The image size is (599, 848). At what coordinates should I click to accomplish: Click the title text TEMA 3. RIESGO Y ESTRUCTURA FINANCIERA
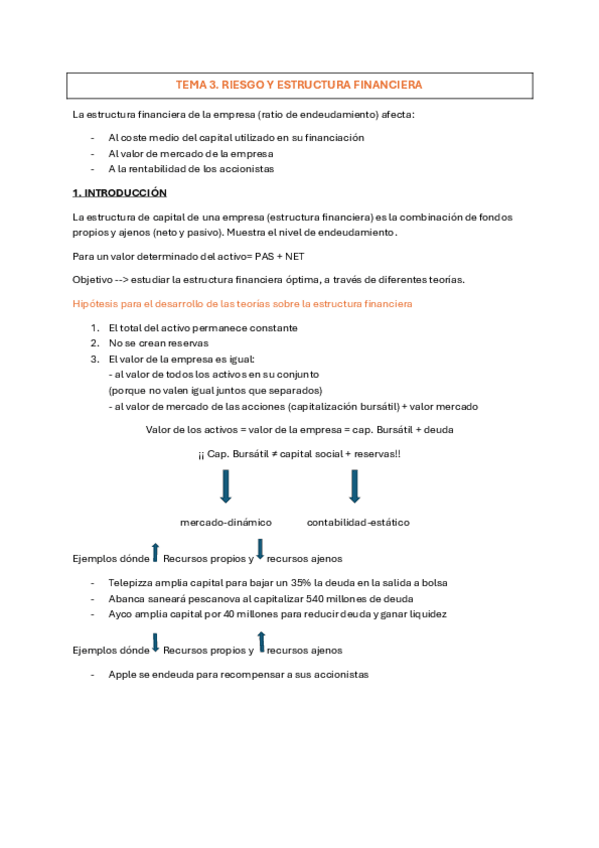(x=299, y=85)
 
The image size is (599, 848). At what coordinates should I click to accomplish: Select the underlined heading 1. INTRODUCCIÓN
(x=119, y=192)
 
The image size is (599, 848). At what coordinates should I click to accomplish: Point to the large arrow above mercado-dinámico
(x=225, y=486)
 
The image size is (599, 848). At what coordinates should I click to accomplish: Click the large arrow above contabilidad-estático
(x=353, y=486)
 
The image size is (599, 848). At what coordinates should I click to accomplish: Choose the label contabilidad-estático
(x=357, y=522)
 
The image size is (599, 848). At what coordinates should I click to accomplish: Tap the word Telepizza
(x=132, y=582)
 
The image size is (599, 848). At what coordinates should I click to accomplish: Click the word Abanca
(x=127, y=598)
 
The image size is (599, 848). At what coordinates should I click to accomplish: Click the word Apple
(x=122, y=674)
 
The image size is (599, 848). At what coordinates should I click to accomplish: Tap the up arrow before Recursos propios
(x=155, y=551)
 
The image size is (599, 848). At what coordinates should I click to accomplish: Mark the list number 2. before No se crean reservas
(x=95, y=343)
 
